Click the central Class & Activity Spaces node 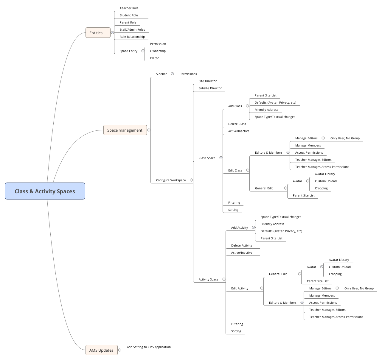[x=45, y=191]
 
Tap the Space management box [x=125, y=130]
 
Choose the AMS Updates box [x=101, y=350]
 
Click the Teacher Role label [x=129, y=8]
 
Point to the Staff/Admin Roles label [x=132, y=30]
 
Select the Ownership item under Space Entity [x=158, y=51]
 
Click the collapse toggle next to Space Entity [x=143, y=51]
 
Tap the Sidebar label [x=162, y=74]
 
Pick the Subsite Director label [x=210, y=88]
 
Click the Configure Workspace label [x=171, y=180]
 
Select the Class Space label [x=207, y=158]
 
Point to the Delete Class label [x=237, y=124]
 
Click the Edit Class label [x=235, y=171]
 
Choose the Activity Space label [x=208, y=280]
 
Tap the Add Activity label [x=239, y=228]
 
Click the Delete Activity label [x=241, y=246]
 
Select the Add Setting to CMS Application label [x=149, y=347]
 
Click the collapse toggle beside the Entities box [x=112, y=33]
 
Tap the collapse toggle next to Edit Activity [x=262, y=288]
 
